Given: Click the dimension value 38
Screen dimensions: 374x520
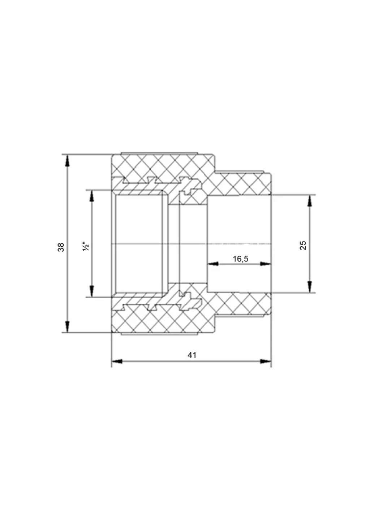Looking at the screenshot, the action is click(x=61, y=247).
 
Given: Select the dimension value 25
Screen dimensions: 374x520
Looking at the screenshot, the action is click(x=303, y=245).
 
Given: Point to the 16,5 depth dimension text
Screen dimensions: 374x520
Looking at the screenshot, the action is click(x=240, y=259).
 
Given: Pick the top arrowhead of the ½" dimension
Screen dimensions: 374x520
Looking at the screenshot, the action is click(x=92, y=196).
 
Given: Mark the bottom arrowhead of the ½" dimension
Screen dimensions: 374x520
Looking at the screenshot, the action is click(x=92, y=291).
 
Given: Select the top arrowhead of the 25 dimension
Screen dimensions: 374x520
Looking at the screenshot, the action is click(x=309, y=200).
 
